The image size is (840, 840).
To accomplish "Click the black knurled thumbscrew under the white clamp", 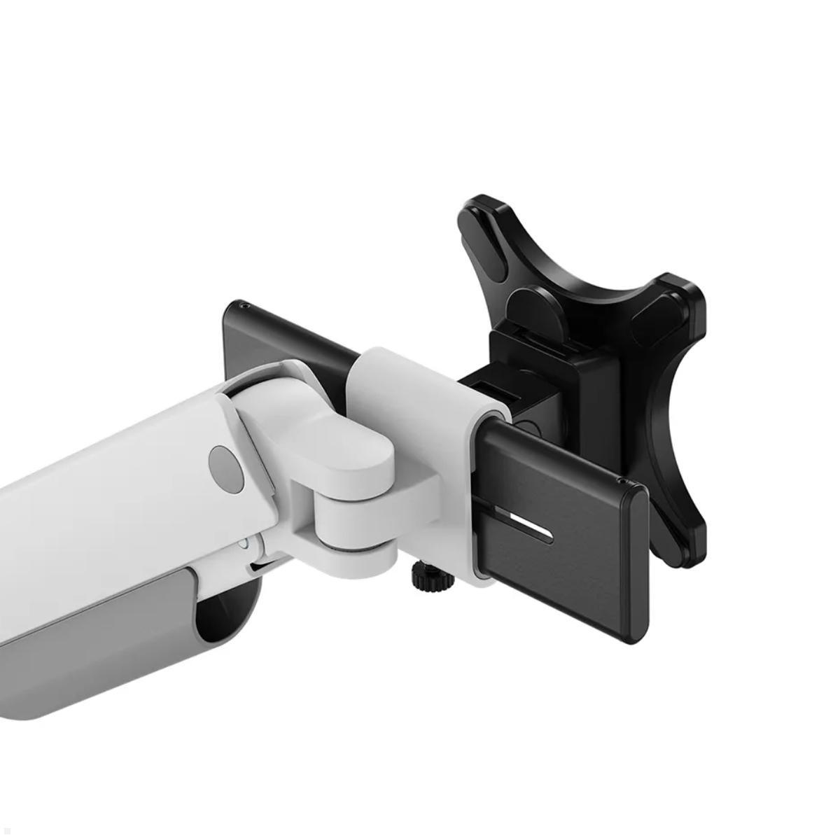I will [x=424, y=575].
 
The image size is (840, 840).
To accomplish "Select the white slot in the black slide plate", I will [x=530, y=530].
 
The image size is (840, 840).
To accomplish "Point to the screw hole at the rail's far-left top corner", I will [x=242, y=306].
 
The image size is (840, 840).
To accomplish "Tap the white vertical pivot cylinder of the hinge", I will [x=346, y=521].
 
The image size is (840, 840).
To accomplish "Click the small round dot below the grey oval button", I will [x=243, y=542].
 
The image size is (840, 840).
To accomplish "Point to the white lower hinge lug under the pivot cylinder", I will [x=357, y=560].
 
